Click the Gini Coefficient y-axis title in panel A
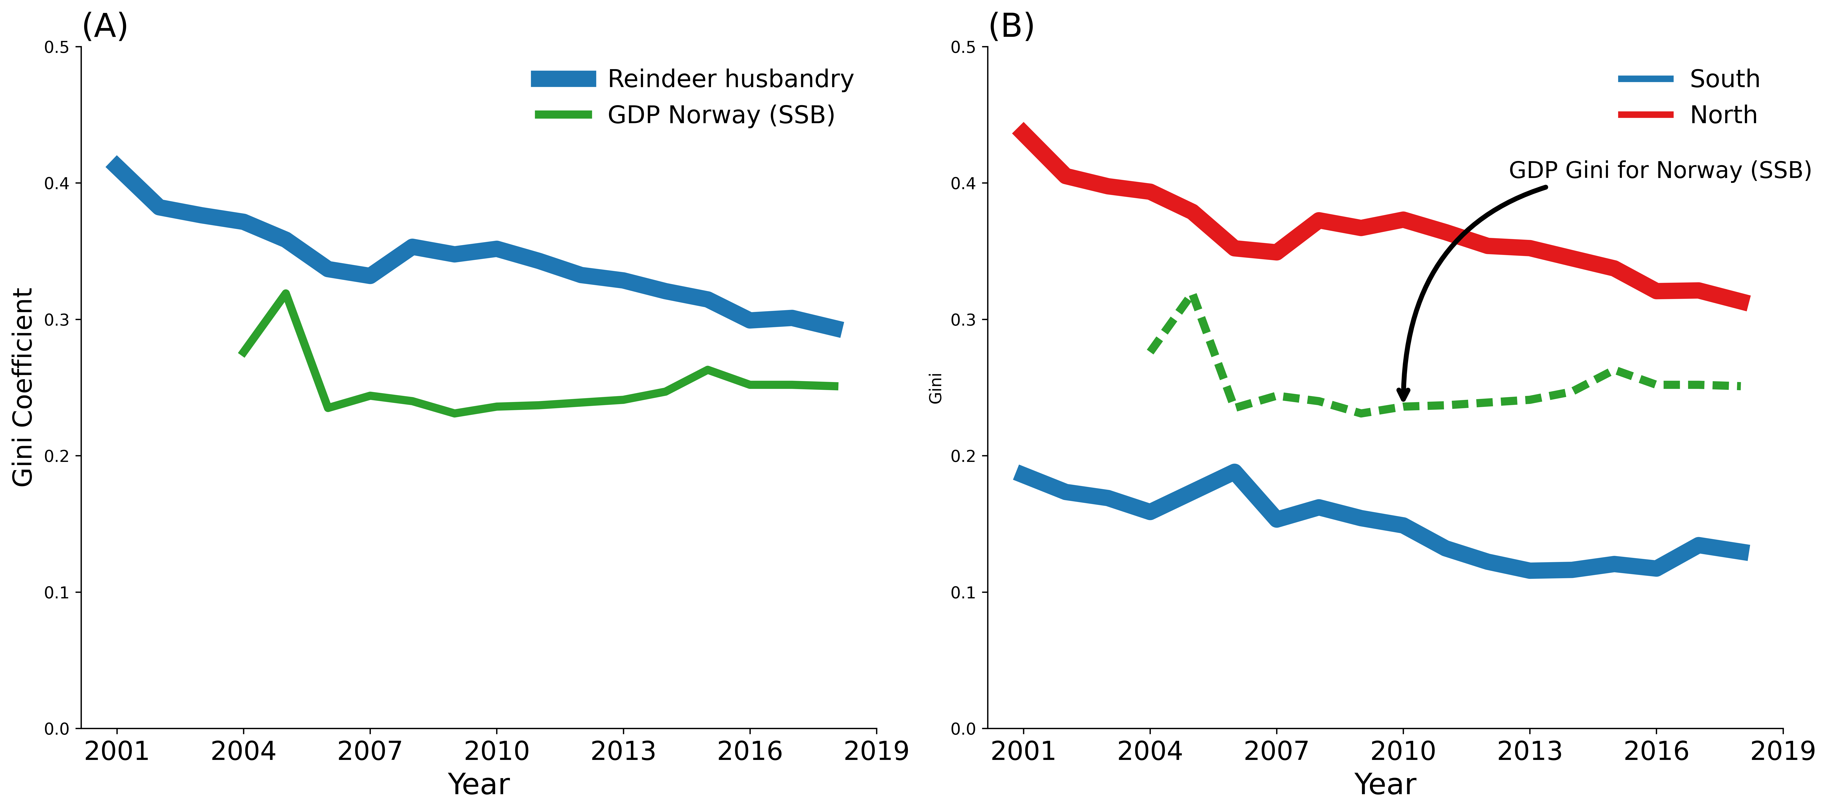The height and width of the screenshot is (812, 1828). [23, 387]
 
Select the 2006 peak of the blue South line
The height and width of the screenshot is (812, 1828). [1234, 472]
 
